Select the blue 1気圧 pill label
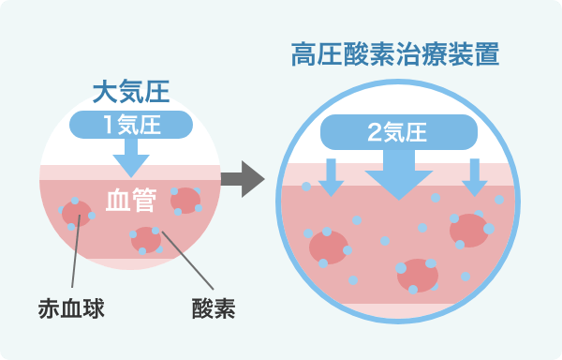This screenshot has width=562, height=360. tap(132, 123)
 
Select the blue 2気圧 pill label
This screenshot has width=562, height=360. tap(399, 133)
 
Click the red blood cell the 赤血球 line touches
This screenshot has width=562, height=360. tap(76, 213)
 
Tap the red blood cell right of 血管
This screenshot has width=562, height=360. tap(185, 199)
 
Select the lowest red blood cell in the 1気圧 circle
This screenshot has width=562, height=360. tap(146, 239)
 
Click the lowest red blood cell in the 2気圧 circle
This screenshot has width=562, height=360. tap(417, 276)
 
